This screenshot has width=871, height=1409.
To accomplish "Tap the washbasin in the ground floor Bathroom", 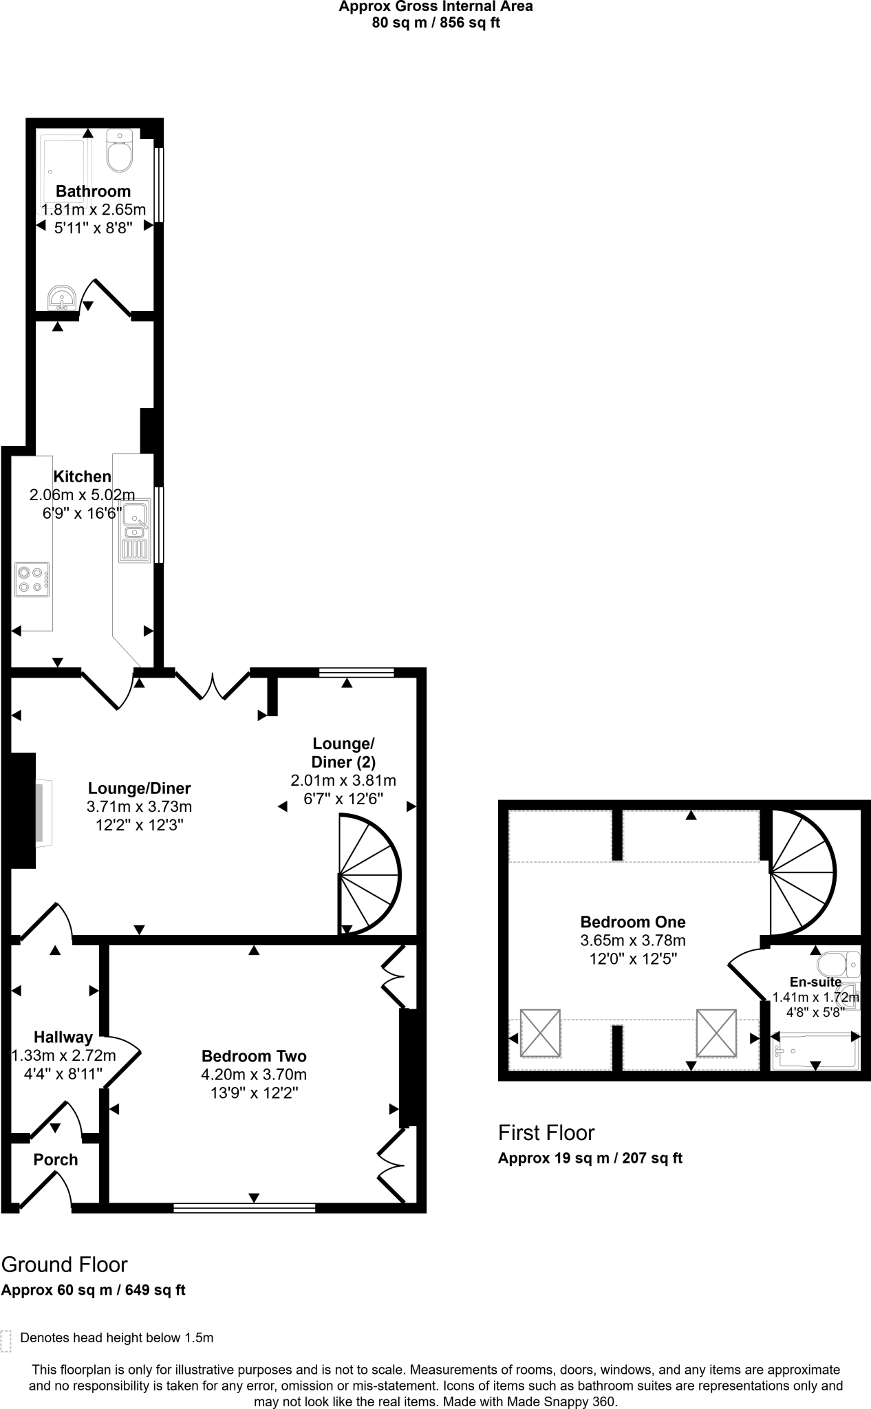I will [x=62, y=299].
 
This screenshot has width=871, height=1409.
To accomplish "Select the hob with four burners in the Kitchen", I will [x=32, y=579].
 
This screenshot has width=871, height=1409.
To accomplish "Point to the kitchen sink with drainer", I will [x=135, y=531].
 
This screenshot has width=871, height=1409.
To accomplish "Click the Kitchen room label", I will [x=83, y=476].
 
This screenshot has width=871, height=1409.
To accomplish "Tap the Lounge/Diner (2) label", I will [x=343, y=753].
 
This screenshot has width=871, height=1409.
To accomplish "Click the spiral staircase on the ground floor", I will [x=368, y=874].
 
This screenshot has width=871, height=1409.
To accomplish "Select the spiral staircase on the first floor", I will [x=802, y=873].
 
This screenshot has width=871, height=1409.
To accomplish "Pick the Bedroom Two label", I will [x=254, y=1056].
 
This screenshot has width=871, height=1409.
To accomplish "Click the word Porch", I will [x=56, y=1159].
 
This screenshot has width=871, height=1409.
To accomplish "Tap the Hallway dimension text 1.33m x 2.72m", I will [x=64, y=1055].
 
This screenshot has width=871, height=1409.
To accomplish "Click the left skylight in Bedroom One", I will [x=540, y=1033].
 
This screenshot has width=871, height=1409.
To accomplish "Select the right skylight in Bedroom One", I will [x=716, y=1033].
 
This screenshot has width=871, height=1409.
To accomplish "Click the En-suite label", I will [x=815, y=982].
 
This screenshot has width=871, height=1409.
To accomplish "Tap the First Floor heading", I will [x=546, y=1132].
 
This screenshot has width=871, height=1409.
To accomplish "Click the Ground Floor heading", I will [x=65, y=1265].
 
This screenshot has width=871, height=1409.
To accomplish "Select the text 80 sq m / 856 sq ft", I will [x=435, y=23].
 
